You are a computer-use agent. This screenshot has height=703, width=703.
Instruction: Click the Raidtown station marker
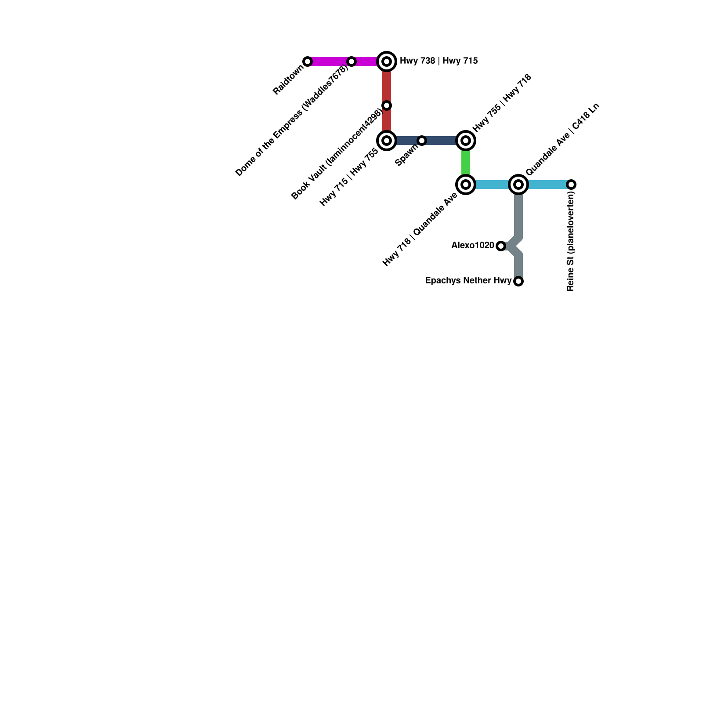308,62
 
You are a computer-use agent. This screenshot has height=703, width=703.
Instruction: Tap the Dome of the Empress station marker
351,62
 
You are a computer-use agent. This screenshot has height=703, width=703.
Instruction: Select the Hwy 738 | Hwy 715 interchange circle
387,62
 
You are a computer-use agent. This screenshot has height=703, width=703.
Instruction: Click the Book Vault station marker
387,105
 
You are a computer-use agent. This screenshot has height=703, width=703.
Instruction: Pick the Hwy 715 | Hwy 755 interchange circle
387,141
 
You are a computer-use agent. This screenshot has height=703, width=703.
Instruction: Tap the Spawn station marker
422,141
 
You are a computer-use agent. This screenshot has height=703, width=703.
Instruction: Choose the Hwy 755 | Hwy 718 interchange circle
466,141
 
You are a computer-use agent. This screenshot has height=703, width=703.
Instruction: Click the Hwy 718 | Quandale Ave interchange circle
466,185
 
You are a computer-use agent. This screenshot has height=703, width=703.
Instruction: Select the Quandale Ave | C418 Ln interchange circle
518,185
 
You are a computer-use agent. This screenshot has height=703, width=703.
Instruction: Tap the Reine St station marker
571,185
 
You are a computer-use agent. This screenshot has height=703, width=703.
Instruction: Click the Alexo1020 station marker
501,246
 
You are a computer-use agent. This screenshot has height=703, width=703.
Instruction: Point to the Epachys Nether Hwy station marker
518,281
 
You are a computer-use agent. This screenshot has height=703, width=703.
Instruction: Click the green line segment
466,163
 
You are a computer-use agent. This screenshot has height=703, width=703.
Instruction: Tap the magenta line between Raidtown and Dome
330,62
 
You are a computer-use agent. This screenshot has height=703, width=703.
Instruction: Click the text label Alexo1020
473,246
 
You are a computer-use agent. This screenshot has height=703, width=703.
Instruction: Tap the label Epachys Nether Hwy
468,281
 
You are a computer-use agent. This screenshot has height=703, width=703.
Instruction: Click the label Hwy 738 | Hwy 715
438,61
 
